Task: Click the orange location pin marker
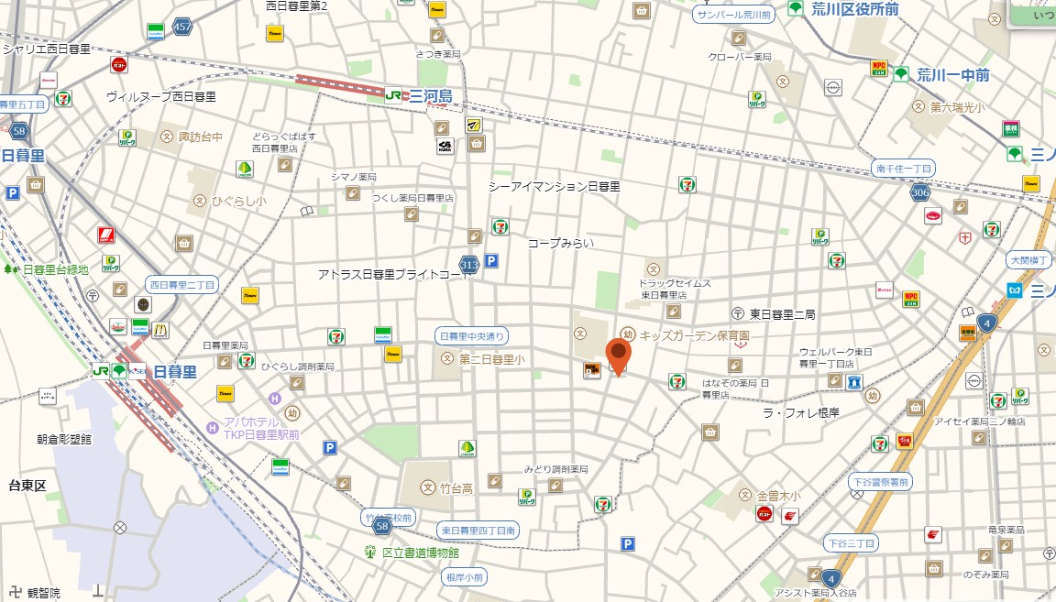click(x=619, y=355)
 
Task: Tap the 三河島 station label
click(x=431, y=95)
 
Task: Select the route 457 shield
click(x=182, y=27)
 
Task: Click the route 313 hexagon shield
click(x=469, y=265)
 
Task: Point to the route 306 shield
click(x=920, y=192)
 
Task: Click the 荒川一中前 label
click(x=952, y=74)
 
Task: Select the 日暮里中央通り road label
click(x=471, y=336)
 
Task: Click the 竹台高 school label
click(x=456, y=488)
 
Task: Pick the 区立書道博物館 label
click(x=420, y=553)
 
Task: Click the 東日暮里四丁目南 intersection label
click(x=478, y=530)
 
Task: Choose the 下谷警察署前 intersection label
click(x=880, y=482)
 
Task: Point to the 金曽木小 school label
click(x=778, y=496)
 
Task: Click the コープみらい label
click(x=560, y=243)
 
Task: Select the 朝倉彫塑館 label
click(x=64, y=439)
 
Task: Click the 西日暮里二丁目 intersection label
click(x=181, y=285)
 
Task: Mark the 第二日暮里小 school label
click(x=491, y=360)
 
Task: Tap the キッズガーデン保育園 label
click(x=694, y=336)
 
